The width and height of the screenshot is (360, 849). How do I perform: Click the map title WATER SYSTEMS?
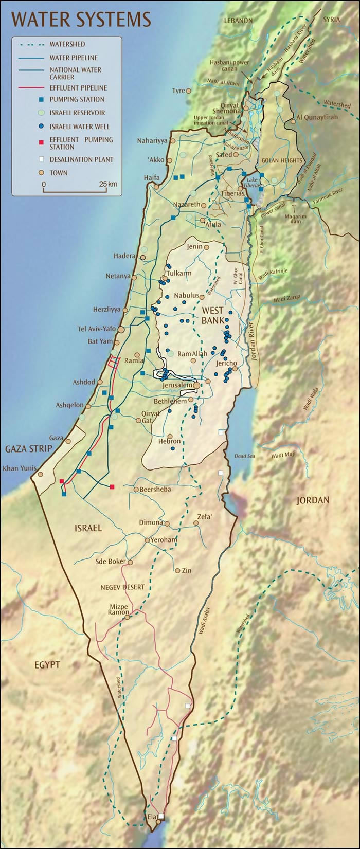click(x=81, y=20)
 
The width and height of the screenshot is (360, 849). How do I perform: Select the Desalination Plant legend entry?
click(x=81, y=159)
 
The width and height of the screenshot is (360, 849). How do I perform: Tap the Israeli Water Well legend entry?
click(x=79, y=126)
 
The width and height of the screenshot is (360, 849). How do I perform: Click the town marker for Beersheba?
click(x=136, y=489)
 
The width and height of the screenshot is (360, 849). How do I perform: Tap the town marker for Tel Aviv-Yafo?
click(x=121, y=329)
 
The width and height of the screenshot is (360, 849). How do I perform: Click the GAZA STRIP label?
click(x=29, y=449)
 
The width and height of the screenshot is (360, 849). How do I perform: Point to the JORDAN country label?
click(x=313, y=500)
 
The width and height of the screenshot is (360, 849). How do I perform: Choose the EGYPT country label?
click(x=47, y=665)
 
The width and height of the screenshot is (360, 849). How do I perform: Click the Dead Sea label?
click(x=244, y=456)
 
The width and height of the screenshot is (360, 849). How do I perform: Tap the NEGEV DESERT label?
click(x=122, y=587)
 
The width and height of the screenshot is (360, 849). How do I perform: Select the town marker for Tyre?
click(x=189, y=91)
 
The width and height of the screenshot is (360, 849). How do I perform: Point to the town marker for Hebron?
click(x=170, y=437)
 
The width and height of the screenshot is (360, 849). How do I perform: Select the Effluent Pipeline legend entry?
click(x=78, y=88)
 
